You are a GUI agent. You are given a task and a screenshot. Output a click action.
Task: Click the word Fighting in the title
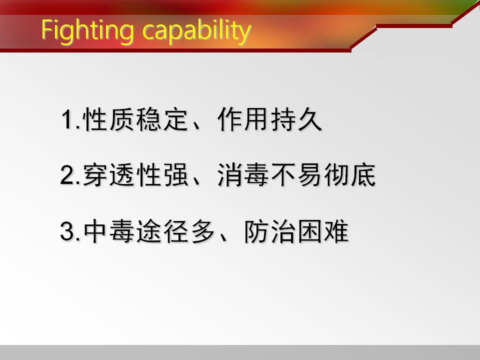(x=87, y=30)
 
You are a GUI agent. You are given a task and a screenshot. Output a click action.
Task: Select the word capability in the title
(x=197, y=30)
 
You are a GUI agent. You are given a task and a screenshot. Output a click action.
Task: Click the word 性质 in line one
(x=109, y=119)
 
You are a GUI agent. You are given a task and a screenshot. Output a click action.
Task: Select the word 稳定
(x=162, y=119)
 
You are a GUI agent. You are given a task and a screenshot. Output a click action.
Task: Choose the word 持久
(x=296, y=119)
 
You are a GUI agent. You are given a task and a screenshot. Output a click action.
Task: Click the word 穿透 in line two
(x=109, y=175)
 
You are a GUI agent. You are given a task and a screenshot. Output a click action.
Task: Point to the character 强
(x=175, y=175)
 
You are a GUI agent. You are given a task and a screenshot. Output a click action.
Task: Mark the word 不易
(x=296, y=175)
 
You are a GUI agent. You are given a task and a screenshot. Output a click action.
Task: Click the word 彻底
(x=349, y=175)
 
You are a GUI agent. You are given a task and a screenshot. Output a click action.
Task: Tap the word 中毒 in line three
(x=109, y=231)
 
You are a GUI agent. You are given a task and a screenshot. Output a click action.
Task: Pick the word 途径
(x=162, y=231)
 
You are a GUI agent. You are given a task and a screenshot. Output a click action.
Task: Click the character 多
(x=202, y=231)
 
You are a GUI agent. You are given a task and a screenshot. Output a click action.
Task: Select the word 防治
(x=269, y=231)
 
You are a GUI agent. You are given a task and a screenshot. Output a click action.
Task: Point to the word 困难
(x=323, y=231)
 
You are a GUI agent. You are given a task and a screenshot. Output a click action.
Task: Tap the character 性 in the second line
(x=149, y=175)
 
